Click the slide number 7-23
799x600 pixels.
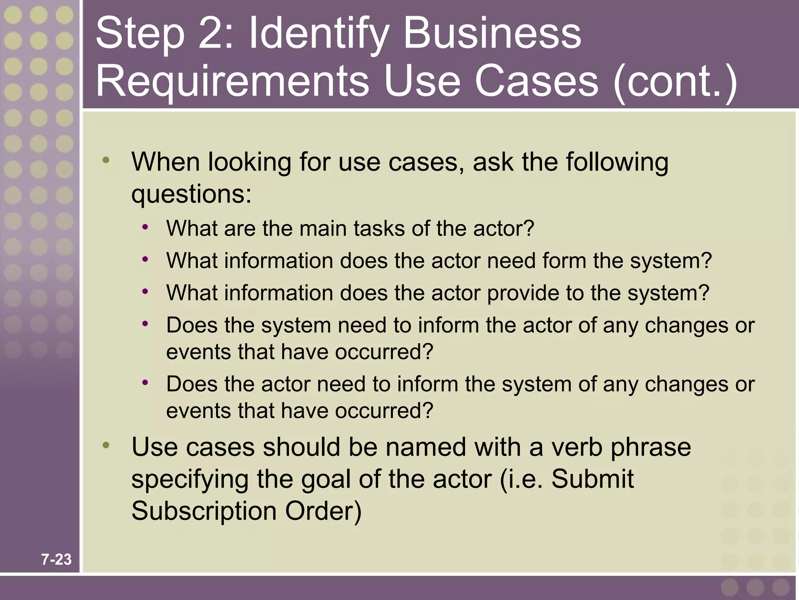pos(57,559)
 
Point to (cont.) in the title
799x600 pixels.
pos(675,82)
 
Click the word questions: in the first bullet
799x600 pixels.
pos(191,194)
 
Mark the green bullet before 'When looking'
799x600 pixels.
pos(106,160)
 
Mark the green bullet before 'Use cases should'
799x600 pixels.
pos(106,445)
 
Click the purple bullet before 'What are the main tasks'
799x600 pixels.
pos(145,227)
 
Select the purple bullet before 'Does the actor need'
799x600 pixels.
pos(145,382)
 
